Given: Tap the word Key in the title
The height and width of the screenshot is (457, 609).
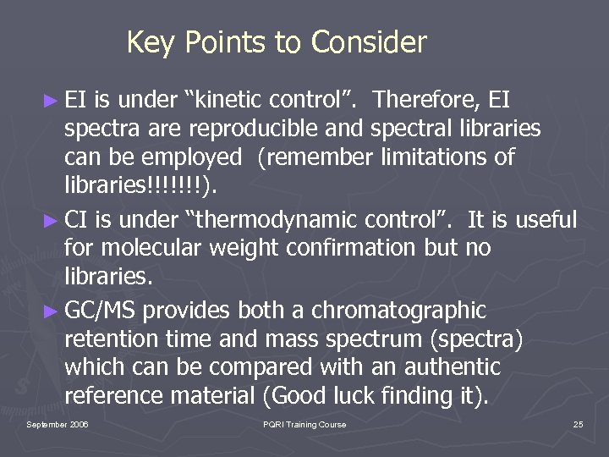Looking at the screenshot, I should tap(149, 41).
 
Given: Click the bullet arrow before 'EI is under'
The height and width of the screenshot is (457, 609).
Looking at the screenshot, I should tap(52, 102).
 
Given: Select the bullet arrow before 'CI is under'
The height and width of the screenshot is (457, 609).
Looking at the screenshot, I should tap(52, 221).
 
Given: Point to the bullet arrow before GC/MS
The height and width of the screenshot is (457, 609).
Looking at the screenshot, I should tap(52, 311).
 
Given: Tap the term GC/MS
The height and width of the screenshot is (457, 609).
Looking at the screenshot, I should tap(101, 311).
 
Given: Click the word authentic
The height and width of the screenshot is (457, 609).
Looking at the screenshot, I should tap(451, 368).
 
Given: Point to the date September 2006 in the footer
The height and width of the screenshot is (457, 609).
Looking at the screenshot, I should tap(58, 424).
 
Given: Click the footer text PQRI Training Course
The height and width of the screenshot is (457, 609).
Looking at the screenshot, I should tap(304, 424).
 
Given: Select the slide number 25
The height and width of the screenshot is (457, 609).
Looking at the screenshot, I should tap(578, 424).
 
